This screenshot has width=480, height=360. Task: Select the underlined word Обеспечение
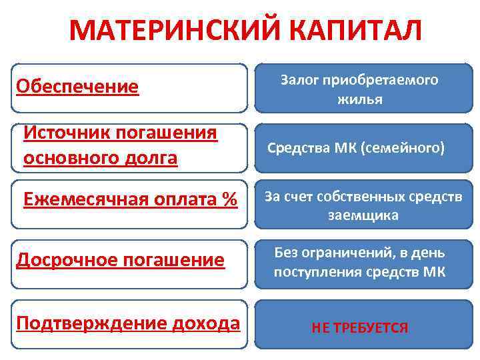tap(77, 87)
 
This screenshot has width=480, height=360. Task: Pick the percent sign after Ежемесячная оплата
tap(230, 199)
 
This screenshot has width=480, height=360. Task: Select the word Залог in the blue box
tap(299, 80)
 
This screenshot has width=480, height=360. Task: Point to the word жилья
tap(360, 99)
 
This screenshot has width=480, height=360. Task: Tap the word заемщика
tap(363, 215)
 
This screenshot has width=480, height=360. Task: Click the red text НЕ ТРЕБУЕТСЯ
tap(359, 328)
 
